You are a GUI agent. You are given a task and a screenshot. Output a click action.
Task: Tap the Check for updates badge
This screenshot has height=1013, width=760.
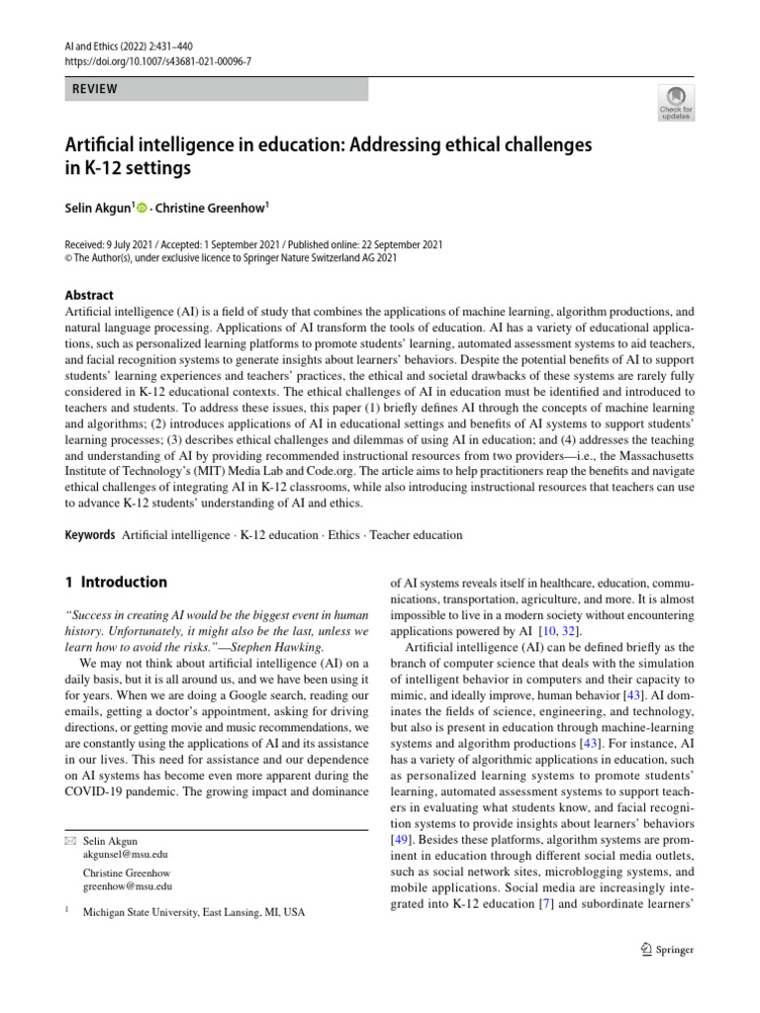pyautogui.click(x=676, y=103)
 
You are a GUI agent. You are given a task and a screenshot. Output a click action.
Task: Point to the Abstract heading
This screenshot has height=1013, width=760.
pyautogui.click(x=89, y=295)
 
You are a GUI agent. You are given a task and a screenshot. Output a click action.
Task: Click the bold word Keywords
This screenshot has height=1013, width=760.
pyautogui.click(x=89, y=535)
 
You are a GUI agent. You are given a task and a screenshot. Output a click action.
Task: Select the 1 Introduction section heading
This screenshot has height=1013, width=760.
pyautogui.click(x=116, y=583)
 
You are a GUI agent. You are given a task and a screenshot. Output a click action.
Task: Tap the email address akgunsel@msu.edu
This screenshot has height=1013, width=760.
pyautogui.click(x=126, y=853)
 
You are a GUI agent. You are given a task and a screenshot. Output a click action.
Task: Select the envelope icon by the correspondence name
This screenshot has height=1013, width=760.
pyautogui.click(x=68, y=839)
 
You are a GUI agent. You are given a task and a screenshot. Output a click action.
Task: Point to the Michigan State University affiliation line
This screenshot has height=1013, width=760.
pyautogui.click(x=194, y=913)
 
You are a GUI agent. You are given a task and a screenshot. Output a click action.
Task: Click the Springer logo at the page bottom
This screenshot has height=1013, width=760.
pyautogui.click(x=667, y=950)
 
